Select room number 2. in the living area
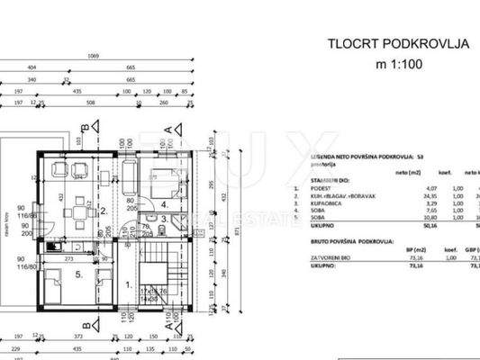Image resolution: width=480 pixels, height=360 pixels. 104,213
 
